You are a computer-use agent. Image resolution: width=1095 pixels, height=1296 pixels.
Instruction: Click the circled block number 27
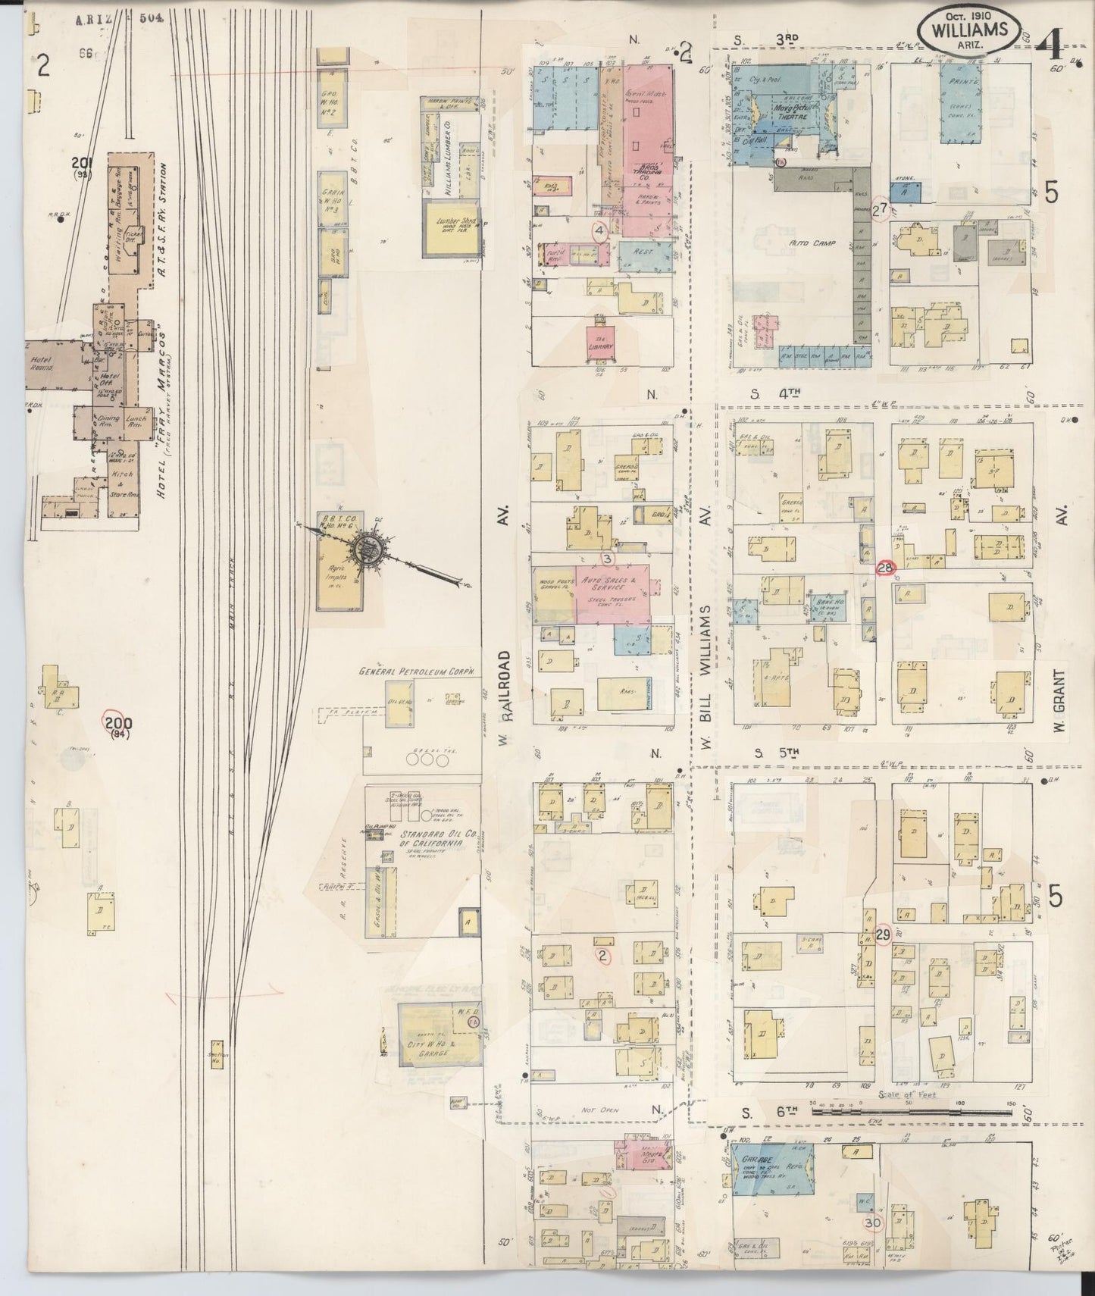(879, 210)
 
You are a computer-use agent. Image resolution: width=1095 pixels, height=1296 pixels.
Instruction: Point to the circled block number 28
(885, 568)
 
